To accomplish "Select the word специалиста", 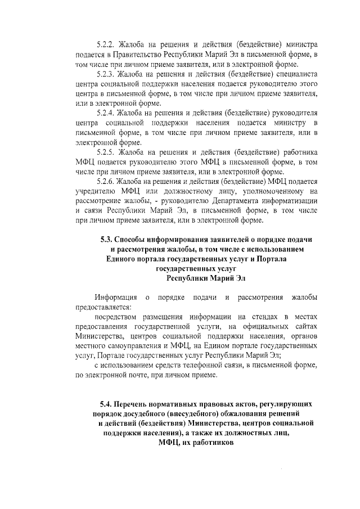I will (299, 74).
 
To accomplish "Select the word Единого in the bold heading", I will (125, 258).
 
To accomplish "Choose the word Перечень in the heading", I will (136, 404).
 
